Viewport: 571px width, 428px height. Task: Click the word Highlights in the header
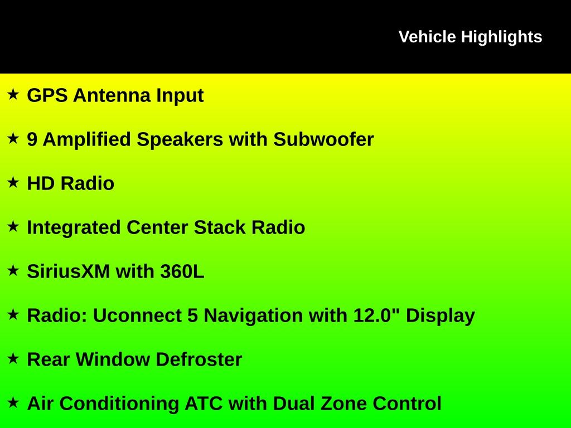501,37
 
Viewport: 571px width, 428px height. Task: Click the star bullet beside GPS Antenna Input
13,94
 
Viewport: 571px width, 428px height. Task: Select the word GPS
47,95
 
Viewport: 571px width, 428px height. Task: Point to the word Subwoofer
323,139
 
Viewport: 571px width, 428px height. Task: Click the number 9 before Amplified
32,139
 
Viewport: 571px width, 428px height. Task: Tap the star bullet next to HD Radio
13,182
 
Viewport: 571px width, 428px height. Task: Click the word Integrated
74,228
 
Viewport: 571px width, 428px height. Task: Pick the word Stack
220,227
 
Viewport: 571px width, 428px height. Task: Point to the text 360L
182,271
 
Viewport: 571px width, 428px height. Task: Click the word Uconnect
137,315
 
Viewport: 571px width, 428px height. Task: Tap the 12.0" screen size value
376,315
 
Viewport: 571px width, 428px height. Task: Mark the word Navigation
253,316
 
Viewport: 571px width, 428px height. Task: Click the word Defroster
199,359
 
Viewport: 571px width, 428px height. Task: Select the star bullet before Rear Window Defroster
13,358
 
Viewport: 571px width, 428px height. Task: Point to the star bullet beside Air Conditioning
13,402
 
